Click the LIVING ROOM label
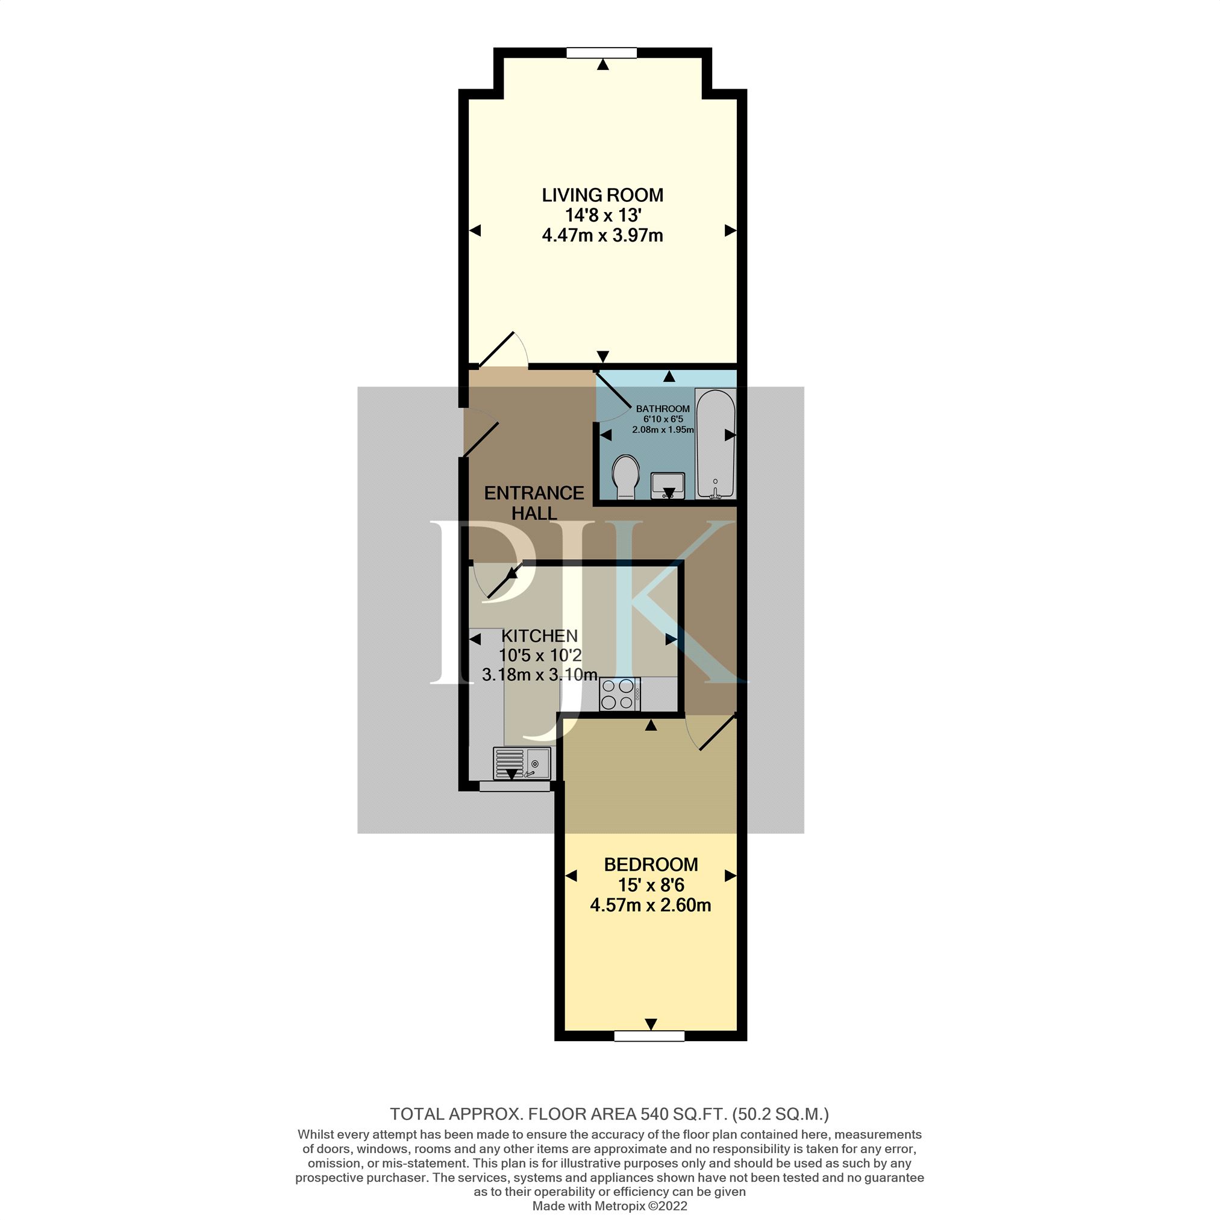tap(602, 195)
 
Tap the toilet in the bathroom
tap(626, 477)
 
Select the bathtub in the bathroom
tap(716, 445)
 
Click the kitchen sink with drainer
tap(522, 763)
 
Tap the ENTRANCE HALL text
tap(534, 502)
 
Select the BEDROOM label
tap(651, 865)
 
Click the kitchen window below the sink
tap(515, 786)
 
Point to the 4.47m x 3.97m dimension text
tap(602, 236)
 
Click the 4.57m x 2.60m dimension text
tap(651, 905)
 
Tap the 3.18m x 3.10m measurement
tap(540, 674)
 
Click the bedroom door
tap(712, 733)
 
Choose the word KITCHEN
tap(539, 635)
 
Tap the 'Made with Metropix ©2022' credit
tap(609, 1206)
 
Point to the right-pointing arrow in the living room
tap(731, 231)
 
